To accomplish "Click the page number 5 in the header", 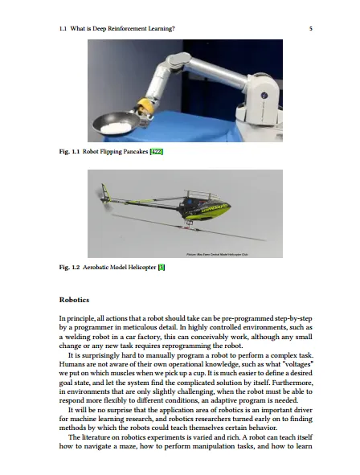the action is tap(311, 29).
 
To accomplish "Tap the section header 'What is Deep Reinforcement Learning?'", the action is tap(123, 29).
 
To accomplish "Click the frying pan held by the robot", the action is tap(117, 124).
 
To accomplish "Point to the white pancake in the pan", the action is tap(116, 128).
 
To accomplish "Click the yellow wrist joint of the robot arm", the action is tap(145, 106).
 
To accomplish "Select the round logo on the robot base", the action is tap(264, 96).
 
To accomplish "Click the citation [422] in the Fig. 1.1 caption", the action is tap(157, 151).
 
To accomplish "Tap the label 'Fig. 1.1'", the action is tap(69, 151).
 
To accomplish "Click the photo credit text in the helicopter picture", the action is tap(217, 255).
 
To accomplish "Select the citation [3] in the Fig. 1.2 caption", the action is tap(162, 267).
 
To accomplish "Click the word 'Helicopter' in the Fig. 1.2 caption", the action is tap(141, 267).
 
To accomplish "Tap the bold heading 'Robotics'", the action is tap(74, 300).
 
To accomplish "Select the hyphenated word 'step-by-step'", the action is tap(293, 319).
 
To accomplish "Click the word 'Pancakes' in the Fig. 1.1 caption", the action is tap(135, 151).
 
